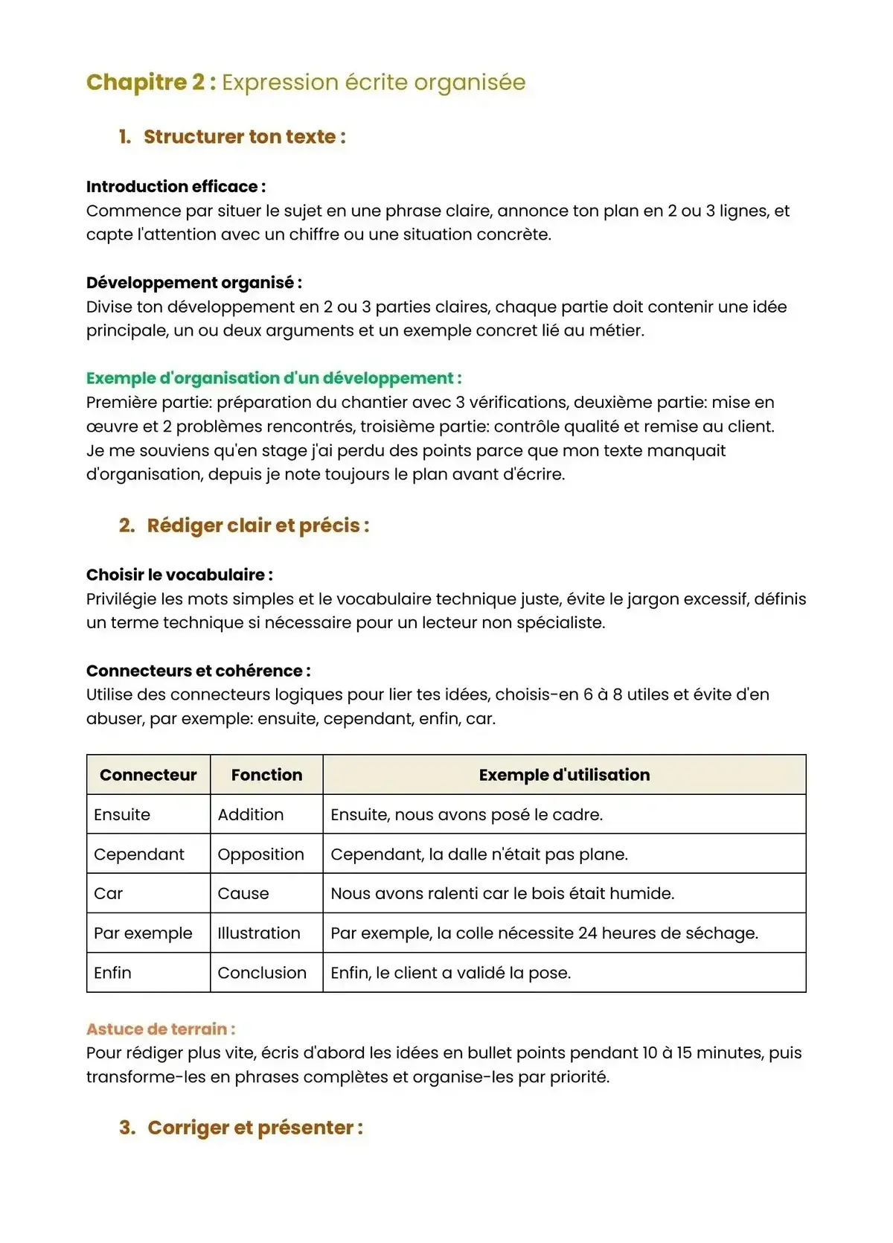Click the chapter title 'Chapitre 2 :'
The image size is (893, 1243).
(150, 82)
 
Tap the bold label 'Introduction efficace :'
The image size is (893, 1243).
(176, 187)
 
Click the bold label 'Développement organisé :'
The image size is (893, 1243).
(193, 283)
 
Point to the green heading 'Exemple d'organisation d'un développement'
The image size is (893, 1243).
(273, 378)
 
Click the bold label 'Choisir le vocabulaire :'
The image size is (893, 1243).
(179, 575)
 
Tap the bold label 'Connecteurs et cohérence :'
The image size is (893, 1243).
(198, 671)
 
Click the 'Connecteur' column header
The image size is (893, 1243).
(148, 775)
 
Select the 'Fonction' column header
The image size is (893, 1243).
(266, 775)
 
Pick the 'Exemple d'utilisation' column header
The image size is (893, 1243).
(564, 775)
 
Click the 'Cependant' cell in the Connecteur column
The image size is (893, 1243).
(139, 854)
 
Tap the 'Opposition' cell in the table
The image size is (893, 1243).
(260, 854)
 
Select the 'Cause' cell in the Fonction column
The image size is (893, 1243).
(243, 894)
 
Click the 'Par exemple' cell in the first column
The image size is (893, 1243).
(143, 933)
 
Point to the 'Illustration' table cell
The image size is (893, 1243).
(259, 933)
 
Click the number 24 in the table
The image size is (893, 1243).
(587, 933)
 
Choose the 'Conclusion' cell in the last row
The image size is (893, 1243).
(262, 973)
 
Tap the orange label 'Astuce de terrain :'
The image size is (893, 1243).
(161, 1029)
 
